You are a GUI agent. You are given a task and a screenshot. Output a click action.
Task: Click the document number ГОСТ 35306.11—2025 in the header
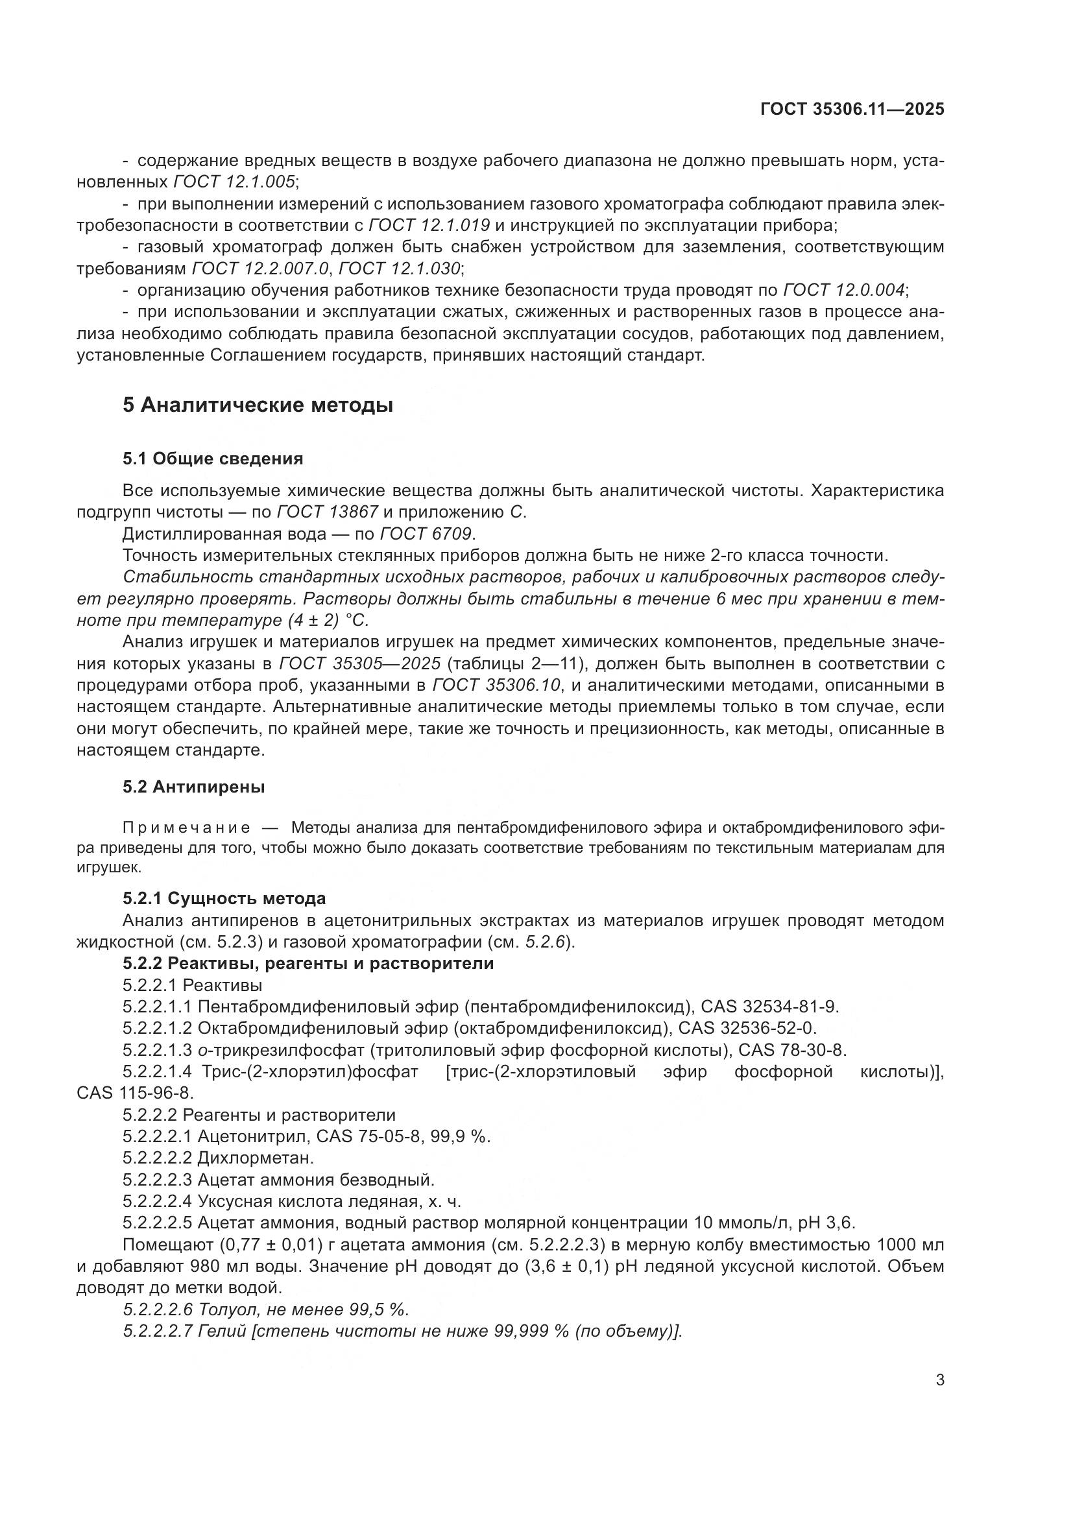coord(852,110)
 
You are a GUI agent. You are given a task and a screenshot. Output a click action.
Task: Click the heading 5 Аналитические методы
coord(258,405)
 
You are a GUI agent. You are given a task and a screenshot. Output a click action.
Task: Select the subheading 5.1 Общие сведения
coord(213,459)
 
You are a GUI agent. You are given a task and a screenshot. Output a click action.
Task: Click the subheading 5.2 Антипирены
coord(193,787)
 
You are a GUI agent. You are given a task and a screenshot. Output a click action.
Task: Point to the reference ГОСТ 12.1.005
coord(235,182)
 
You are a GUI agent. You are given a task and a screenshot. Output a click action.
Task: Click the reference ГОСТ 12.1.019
coord(429,225)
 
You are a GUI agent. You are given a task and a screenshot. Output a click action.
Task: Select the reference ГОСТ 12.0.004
coord(845,290)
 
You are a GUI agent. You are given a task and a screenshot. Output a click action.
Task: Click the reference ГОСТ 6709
coord(427,534)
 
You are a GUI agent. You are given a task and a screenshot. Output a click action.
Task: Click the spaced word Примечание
coord(186,828)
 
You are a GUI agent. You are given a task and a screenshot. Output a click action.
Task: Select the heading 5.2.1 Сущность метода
coord(224,898)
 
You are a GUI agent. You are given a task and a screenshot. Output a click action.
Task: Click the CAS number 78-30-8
coord(810,1051)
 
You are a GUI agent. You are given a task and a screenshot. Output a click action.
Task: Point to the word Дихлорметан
coord(256,1158)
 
